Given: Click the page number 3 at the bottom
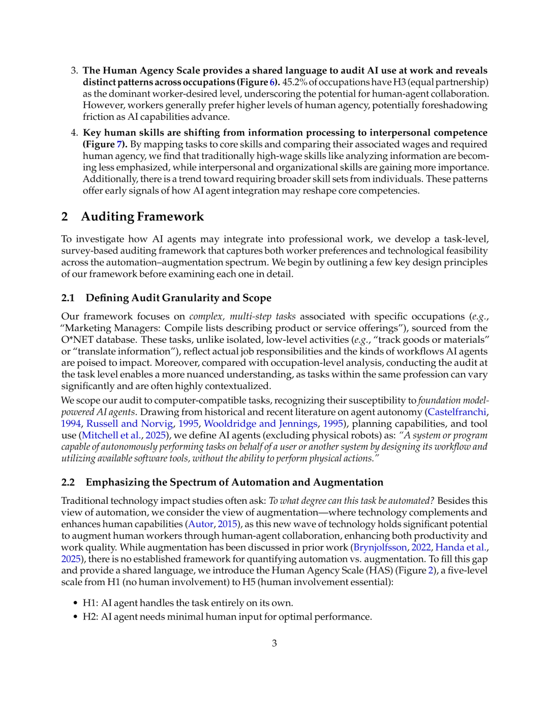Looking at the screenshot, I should pyautogui.click(x=274, y=643).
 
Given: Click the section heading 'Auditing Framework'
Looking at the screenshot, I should pyautogui.click(x=142, y=217).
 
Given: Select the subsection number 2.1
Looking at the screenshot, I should pyautogui.click(x=68, y=298).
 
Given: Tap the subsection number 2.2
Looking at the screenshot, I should pyautogui.click(x=68, y=482).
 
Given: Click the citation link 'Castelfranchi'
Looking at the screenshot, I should pyautogui.click(x=456, y=412).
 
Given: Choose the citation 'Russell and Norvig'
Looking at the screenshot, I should pyautogui.click(x=130, y=424).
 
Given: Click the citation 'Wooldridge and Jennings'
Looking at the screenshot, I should pyautogui.click(x=261, y=424).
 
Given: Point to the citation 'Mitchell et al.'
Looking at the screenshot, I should pyautogui.click(x=111, y=435).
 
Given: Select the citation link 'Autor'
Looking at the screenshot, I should pyautogui.click(x=201, y=524).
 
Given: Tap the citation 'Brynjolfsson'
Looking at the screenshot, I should pyautogui.click(x=380, y=547).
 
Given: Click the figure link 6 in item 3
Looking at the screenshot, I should pyautogui.click(x=272, y=82).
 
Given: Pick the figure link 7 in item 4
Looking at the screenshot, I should pyautogui.click(x=119, y=144).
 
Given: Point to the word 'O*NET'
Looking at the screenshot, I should pyautogui.click(x=77, y=340).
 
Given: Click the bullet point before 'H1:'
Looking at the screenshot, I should pyautogui.click(x=75, y=603).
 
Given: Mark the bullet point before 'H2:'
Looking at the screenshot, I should pyautogui.click(x=75, y=617).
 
